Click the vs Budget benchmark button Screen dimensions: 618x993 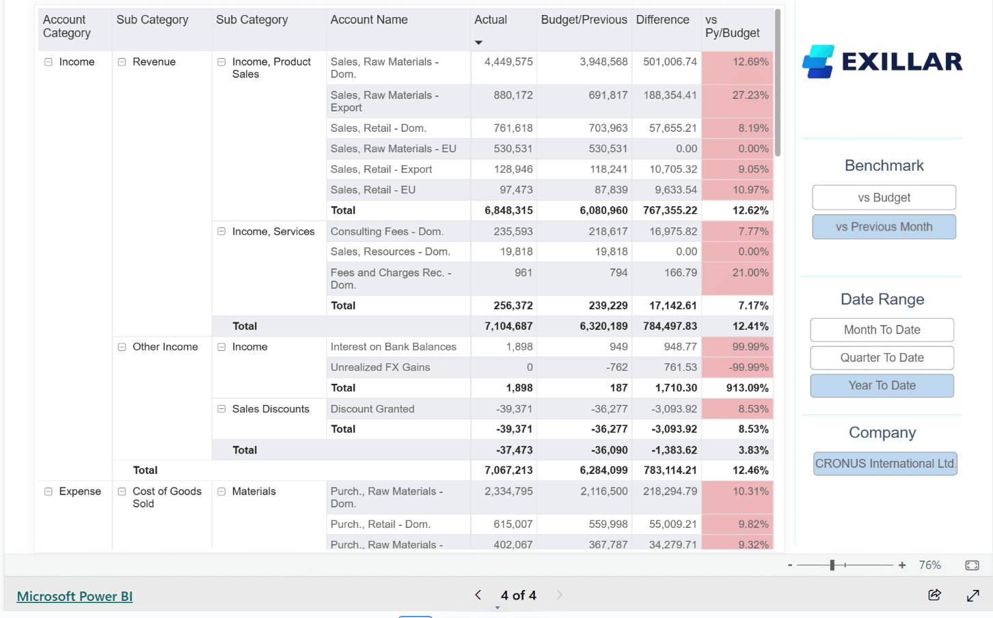tap(884, 197)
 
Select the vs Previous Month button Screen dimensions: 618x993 tap(884, 227)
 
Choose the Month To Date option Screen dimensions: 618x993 tap(882, 330)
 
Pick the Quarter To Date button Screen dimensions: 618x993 tap(882, 358)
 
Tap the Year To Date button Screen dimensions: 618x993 tap(882, 386)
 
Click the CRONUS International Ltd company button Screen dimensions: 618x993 tap(884, 464)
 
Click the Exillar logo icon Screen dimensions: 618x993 tap(818, 61)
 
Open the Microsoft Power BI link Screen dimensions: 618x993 tap(74, 596)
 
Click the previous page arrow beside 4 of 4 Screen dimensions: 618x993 tap(478, 595)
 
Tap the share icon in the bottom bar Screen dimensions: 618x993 tap(934, 595)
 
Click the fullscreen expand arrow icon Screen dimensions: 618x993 tap(973, 595)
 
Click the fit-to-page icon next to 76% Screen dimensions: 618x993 tap(972, 565)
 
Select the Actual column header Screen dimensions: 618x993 tap(491, 20)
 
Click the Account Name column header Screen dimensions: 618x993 tap(369, 20)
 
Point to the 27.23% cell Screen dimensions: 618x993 tap(750, 96)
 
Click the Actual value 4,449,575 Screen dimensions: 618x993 tap(508, 61)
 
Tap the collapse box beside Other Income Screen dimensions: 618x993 tap(122, 347)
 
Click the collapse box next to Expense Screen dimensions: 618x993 tap(49, 492)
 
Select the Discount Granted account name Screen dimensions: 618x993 tap(372, 409)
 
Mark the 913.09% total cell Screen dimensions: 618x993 tap(747, 388)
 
